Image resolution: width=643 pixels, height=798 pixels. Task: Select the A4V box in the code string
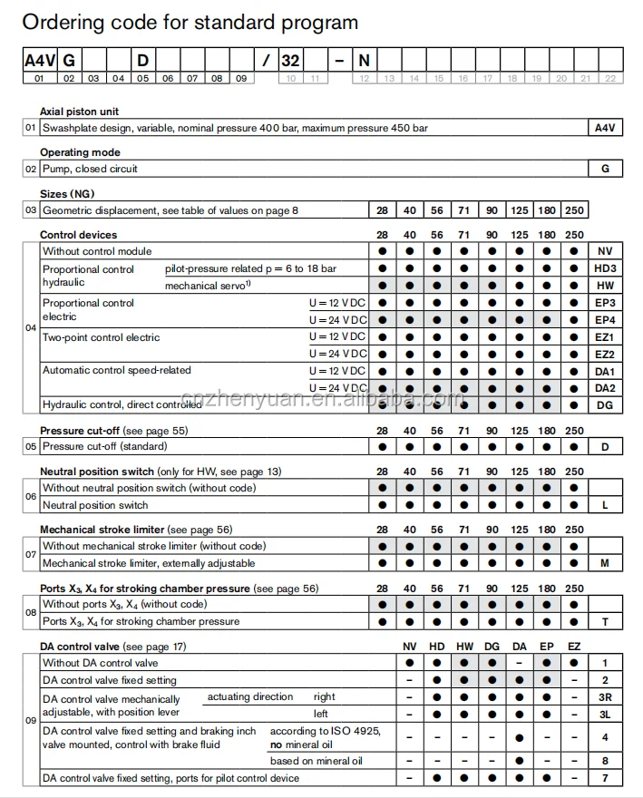coord(39,61)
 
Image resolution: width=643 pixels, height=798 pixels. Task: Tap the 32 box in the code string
coord(290,61)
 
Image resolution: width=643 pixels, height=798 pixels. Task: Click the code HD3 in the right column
coord(605,268)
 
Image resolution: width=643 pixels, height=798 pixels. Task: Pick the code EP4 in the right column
coord(605,320)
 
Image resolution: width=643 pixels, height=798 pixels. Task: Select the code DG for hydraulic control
coord(605,404)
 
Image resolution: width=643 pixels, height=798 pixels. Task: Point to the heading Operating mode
coord(80,152)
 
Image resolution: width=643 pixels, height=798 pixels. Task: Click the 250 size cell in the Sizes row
coord(575,210)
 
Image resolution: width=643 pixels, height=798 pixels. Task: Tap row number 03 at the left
coord(30,210)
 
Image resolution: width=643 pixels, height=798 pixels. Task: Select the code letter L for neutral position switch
coord(605,505)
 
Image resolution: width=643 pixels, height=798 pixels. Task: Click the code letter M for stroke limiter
coord(605,563)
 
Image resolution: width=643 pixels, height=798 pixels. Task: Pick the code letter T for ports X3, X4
coord(605,621)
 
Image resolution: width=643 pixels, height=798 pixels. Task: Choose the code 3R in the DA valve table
coord(605,697)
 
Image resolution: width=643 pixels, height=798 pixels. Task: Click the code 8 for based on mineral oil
coord(605,760)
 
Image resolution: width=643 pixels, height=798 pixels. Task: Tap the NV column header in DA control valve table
coord(410,647)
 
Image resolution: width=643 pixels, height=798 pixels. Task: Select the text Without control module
coord(97,251)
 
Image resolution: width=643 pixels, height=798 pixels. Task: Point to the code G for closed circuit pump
coord(605,169)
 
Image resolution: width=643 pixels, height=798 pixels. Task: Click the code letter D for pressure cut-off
coord(605,446)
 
